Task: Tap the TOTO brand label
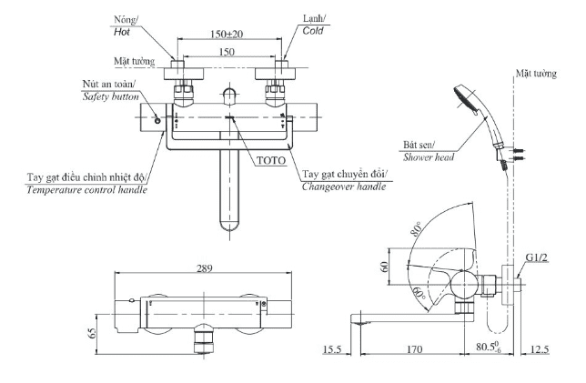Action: (x=271, y=159)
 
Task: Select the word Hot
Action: (x=123, y=31)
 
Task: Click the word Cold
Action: (x=313, y=31)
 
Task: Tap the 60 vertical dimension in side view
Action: (x=384, y=267)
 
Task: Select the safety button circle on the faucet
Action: (x=157, y=120)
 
